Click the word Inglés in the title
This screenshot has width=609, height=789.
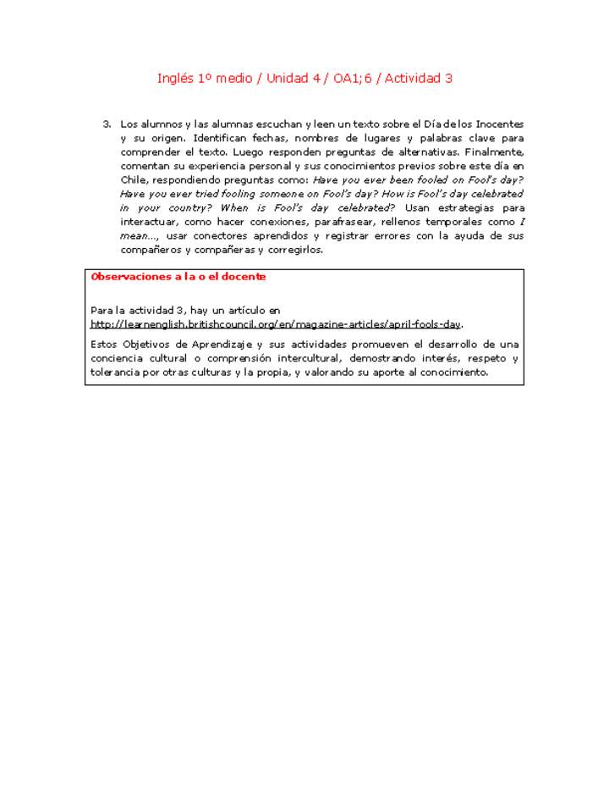pyautogui.click(x=175, y=79)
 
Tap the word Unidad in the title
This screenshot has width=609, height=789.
pyautogui.click(x=288, y=79)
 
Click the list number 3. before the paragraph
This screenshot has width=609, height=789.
pyautogui.click(x=107, y=124)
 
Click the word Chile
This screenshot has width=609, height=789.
pyautogui.click(x=134, y=180)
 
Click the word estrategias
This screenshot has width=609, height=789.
pyautogui.click(x=469, y=208)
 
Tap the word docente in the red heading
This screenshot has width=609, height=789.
pyautogui.click(x=244, y=277)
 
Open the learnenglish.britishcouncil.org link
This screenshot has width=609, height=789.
pyautogui.click(x=276, y=324)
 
